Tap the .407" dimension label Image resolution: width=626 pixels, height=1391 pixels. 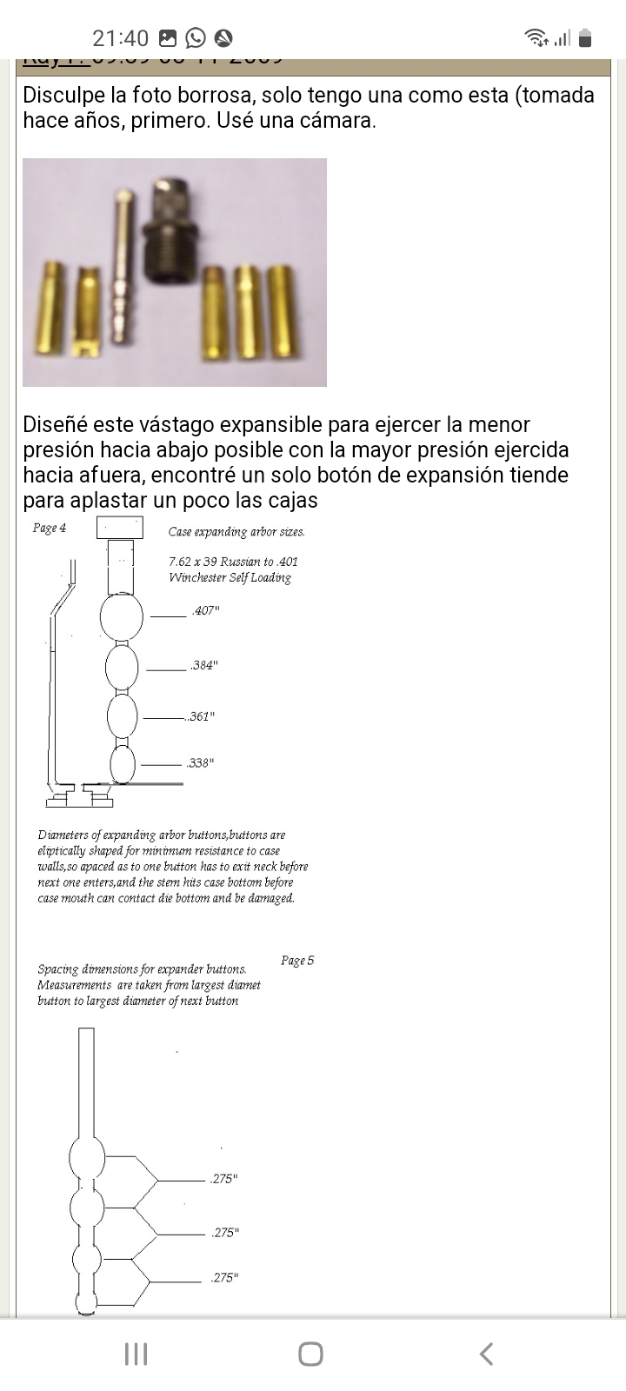tap(205, 611)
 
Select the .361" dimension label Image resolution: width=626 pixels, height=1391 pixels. tap(201, 717)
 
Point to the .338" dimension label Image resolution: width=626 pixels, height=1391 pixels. tap(200, 763)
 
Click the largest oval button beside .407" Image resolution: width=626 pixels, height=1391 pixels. tap(122, 616)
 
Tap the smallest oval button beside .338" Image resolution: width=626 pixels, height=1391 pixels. tap(123, 764)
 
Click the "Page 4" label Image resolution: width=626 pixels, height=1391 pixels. tap(50, 528)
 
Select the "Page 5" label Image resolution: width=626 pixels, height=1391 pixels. tap(297, 961)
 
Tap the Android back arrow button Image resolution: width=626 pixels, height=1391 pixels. tap(487, 1354)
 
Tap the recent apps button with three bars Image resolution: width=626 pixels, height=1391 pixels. tap(136, 1354)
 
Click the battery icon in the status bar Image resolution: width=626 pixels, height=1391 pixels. tap(585, 37)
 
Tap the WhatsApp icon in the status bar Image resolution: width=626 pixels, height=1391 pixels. tap(196, 37)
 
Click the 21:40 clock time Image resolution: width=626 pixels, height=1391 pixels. tap(120, 38)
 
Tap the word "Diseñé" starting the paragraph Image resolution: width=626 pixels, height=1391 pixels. tap(54, 425)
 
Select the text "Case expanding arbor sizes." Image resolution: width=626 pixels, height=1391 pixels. tap(236, 532)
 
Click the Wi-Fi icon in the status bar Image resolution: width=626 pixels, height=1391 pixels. tap(536, 37)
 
